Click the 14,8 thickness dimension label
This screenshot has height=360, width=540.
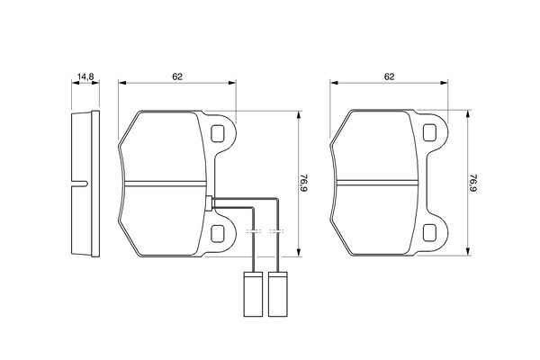(x=84, y=77)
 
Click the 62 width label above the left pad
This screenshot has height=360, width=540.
(x=177, y=77)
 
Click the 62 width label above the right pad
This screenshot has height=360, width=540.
(x=390, y=77)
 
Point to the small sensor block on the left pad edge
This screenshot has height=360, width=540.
(x=210, y=202)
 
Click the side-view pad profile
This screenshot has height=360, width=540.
(x=84, y=184)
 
